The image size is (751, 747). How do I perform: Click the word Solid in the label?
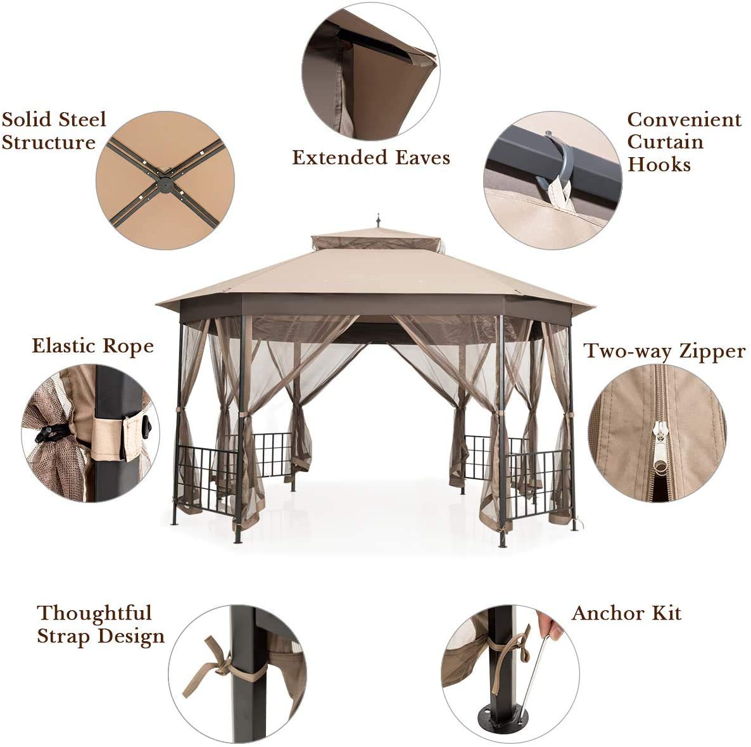click(x=28, y=120)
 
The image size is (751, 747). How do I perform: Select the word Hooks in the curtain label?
click(x=659, y=165)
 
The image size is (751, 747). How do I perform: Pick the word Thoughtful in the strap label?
click(x=94, y=613)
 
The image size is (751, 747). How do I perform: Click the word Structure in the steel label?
click(x=48, y=142)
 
